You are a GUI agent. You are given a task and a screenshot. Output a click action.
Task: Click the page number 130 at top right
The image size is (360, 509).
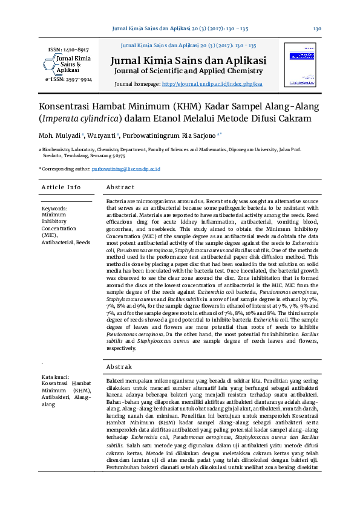click(316, 28)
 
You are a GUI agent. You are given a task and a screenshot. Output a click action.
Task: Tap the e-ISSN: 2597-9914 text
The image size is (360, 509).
click(68, 79)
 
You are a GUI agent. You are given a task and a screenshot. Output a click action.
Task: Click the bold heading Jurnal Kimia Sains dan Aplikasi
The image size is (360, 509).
click(188, 61)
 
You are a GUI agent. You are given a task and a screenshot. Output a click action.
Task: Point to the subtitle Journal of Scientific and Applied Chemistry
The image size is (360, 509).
click(188, 71)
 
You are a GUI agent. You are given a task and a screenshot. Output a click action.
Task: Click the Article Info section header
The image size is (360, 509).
click(61, 187)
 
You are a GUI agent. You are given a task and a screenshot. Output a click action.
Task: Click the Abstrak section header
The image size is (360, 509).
click(119, 366)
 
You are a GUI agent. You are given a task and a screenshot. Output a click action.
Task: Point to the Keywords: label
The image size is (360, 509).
click(54, 208)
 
